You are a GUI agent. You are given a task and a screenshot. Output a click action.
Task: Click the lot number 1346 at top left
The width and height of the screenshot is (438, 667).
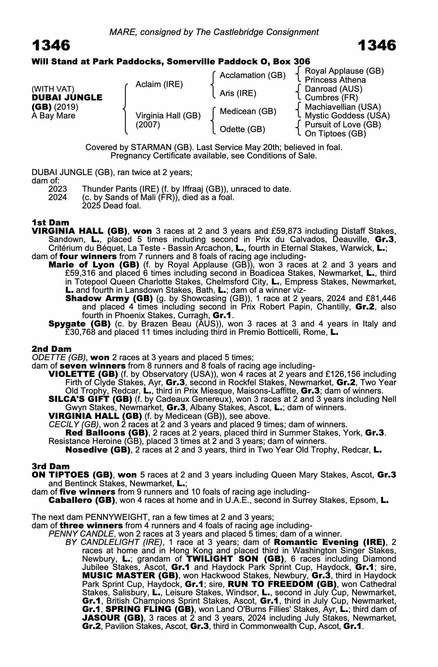point(51,45)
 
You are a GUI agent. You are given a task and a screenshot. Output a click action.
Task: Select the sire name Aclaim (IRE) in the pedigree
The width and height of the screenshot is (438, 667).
point(159,84)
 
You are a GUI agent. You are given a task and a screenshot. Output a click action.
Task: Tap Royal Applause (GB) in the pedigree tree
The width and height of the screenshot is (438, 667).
point(344,71)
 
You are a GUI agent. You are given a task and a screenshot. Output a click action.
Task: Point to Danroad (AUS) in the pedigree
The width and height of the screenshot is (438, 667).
point(333,89)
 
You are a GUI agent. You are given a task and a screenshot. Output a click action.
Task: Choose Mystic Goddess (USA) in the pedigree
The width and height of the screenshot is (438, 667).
point(347,116)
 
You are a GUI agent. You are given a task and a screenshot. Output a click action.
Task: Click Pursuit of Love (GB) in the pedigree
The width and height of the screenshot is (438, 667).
point(343,125)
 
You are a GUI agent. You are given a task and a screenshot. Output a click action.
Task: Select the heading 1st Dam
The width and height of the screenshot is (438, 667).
point(50,222)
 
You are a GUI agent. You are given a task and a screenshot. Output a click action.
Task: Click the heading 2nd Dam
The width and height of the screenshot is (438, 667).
point(52,349)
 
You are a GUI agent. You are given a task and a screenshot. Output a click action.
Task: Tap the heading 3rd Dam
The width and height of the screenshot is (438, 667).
point(51,466)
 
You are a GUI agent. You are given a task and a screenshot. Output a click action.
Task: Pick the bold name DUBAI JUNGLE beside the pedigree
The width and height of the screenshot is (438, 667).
point(67,98)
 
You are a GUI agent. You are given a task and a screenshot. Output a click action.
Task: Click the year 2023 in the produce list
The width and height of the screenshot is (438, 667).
point(58,189)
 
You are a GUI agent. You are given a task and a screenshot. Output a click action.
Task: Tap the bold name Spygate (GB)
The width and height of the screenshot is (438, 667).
point(80,323)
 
